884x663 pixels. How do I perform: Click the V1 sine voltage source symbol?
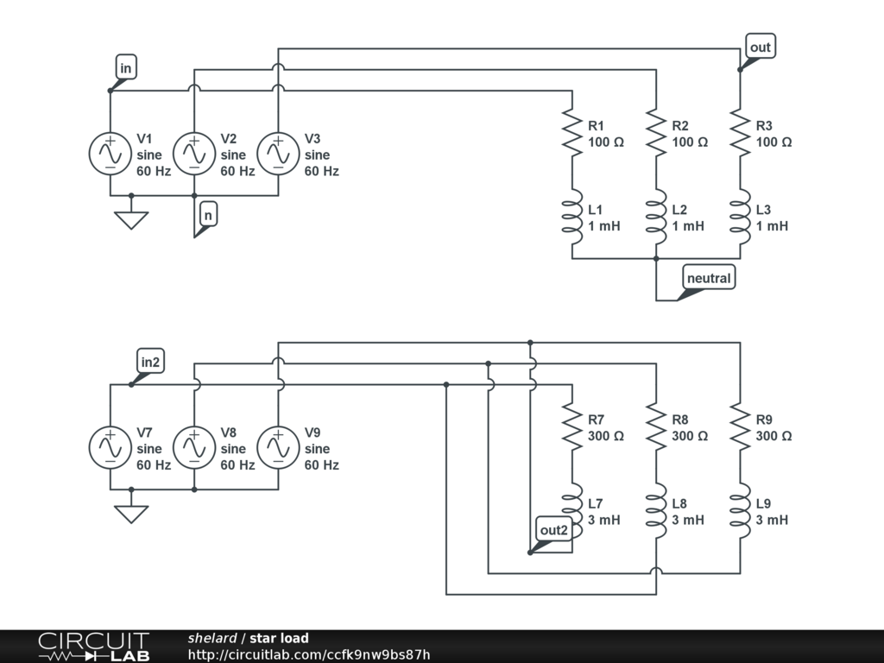coord(110,154)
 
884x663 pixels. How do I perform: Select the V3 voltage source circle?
coord(278,154)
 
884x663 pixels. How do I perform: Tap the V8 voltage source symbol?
coord(194,447)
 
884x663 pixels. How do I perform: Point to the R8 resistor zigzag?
coord(656,426)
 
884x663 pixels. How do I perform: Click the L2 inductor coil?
coord(656,217)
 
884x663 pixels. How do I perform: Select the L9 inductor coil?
coord(740,511)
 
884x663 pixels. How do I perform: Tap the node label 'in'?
coord(126,67)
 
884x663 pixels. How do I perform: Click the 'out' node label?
coord(760,47)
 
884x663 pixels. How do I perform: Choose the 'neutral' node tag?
coord(709,278)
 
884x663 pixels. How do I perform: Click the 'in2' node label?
coord(150,362)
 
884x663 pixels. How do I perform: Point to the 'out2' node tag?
coord(553,530)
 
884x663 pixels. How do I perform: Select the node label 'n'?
coord(208,215)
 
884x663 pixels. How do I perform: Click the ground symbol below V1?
coord(131,220)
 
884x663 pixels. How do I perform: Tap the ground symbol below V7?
coord(131,514)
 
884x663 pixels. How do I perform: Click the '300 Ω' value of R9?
coord(773,436)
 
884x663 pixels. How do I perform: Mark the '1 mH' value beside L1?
coord(603,226)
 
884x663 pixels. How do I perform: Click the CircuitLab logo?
coord(94,647)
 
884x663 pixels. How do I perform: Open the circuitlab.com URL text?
coord(309,654)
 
